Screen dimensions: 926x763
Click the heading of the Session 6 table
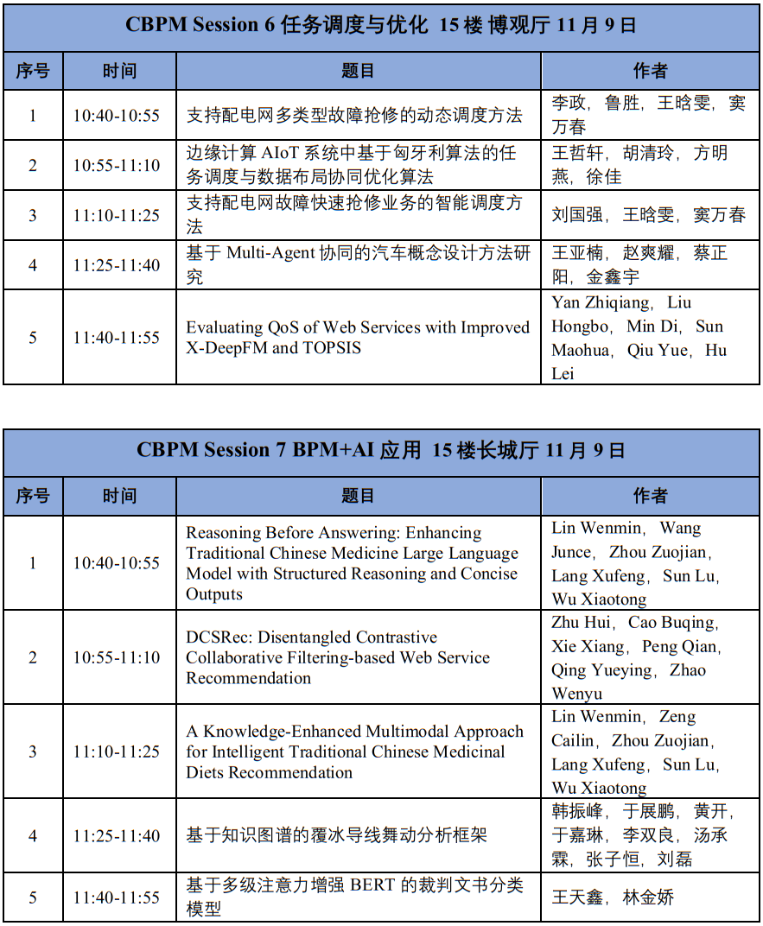381,25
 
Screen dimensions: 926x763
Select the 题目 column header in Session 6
358,71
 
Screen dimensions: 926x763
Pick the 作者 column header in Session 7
650,496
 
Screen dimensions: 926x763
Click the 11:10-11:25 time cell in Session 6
116,215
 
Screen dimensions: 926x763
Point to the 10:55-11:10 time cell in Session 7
116,657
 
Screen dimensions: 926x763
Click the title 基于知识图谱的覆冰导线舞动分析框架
336,835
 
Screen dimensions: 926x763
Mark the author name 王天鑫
577,897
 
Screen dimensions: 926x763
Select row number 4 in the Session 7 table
33,835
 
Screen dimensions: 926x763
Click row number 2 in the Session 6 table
33,165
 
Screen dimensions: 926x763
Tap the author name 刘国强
577,215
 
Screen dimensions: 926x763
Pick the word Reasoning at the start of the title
224,533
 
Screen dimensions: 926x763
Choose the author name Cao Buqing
671,623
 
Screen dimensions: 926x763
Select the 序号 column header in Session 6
33,71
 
